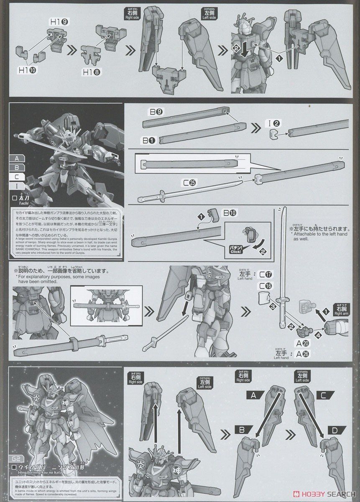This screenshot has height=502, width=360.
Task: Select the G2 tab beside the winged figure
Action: tap(15, 461)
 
